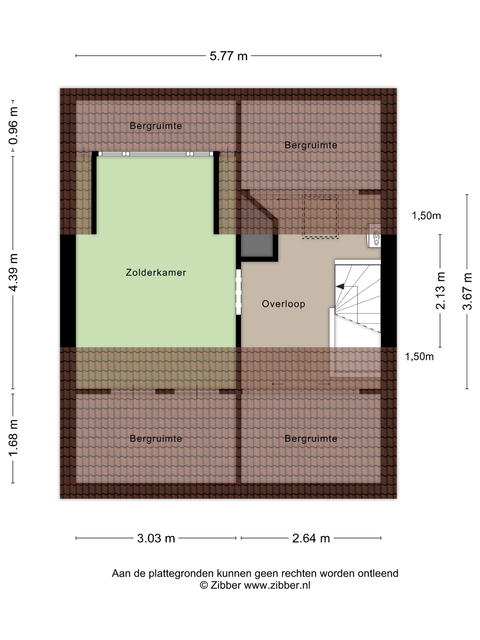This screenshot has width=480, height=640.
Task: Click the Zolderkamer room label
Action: (x=156, y=272)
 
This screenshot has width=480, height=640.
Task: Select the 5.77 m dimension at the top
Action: (x=229, y=56)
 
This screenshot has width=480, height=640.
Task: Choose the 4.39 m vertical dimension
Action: (x=13, y=272)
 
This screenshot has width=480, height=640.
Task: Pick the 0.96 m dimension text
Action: (x=13, y=125)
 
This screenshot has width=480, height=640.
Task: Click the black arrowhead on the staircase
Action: (x=340, y=286)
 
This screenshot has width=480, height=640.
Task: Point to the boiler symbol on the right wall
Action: (x=374, y=236)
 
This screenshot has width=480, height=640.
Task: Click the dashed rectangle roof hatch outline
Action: (x=320, y=217)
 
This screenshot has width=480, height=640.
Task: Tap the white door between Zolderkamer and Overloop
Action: (x=238, y=292)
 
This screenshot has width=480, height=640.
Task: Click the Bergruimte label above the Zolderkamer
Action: (x=156, y=126)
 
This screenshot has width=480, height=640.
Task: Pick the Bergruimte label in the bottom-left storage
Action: (x=156, y=439)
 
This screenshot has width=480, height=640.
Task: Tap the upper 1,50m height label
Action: (x=426, y=216)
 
